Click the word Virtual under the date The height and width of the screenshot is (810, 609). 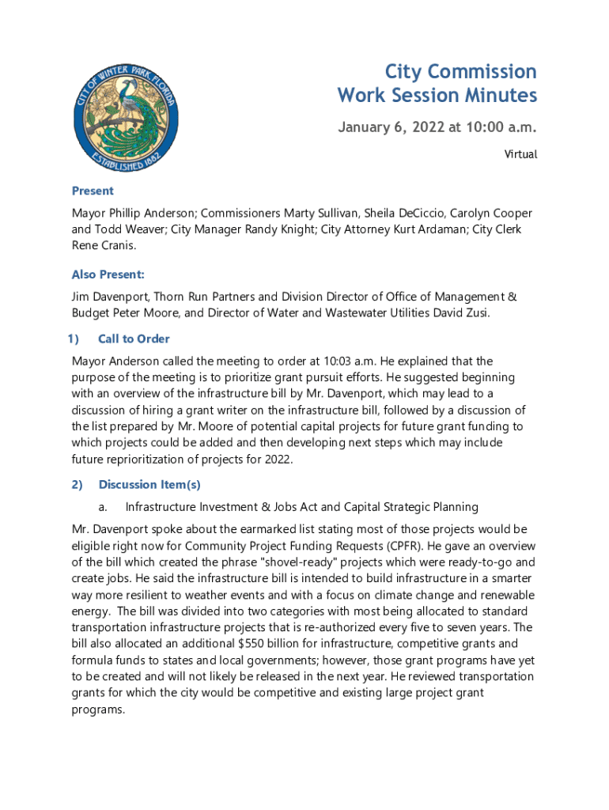point(520,154)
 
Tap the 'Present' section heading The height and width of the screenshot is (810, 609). point(93,191)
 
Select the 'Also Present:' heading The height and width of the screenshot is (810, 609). point(108,274)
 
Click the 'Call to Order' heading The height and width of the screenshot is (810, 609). point(134,339)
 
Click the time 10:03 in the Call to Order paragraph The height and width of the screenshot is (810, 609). point(319,361)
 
